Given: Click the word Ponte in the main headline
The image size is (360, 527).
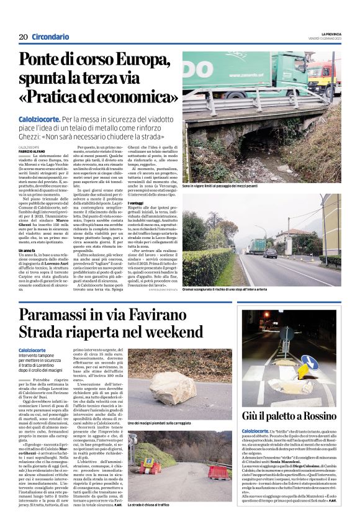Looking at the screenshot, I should coord(47,61).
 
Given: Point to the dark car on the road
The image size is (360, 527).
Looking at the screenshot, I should coord(271,253).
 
